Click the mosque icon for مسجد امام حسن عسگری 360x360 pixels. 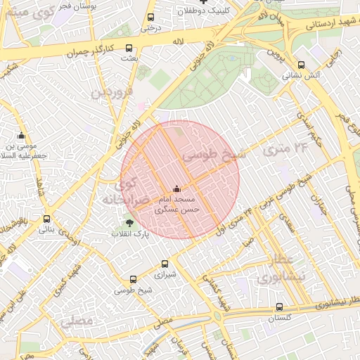click(x=176, y=188)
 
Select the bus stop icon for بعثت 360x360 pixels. click(x=127, y=48)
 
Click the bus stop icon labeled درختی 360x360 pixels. click(x=150, y=18)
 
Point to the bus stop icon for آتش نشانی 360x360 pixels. click(x=302, y=65)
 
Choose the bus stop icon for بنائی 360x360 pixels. click(x=46, y=219)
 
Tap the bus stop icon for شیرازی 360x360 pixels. click(x=164, y=264)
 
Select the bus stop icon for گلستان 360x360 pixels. click(x=280, y=307)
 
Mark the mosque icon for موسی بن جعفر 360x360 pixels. click(x=21, y=136)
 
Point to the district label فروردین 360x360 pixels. click(x=114, y=91)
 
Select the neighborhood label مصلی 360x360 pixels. click(x=77, y=322)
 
